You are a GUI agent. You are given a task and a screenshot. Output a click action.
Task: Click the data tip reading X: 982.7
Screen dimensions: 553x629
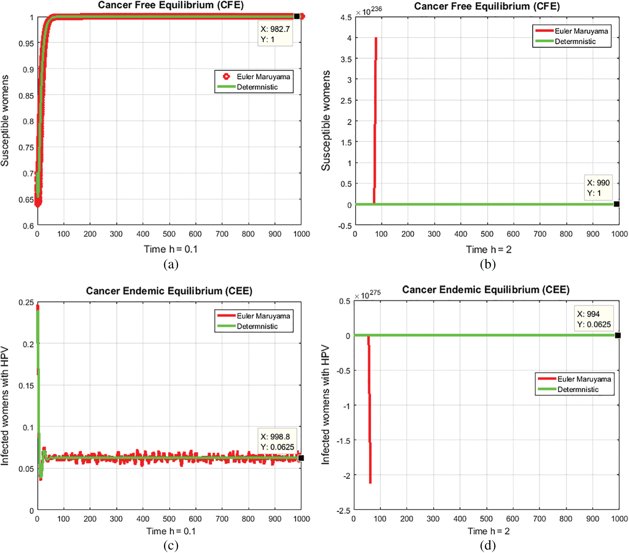[x=275, y=34]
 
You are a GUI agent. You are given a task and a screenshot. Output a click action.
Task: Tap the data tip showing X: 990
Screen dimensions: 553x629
[x=598, y=188]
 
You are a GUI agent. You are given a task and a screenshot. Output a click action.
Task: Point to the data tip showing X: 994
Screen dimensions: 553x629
[x=594, y=319]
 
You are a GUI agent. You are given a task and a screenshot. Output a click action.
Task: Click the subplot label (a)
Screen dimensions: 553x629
[x=171, y=265]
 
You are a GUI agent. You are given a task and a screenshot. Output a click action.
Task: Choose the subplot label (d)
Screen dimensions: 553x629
[x=488, y=545]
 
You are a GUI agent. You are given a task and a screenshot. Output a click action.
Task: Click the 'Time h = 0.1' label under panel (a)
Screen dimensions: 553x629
[x=170, y=249]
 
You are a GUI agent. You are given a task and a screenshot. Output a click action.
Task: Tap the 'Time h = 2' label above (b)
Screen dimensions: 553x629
[x=488, y=249]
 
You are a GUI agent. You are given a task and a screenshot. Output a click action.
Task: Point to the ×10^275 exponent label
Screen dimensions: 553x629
[x=367, y=295]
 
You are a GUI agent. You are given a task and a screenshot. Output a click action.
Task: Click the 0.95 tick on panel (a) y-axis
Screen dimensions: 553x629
[x=26, y=43]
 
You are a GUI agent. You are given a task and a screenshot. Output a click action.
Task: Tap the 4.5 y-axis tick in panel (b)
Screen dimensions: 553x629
[x=346, y=17]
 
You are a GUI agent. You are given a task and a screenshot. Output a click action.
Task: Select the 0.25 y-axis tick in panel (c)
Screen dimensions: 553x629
[x=26, y=302]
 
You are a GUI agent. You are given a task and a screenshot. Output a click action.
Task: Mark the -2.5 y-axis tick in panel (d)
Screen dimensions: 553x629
[x=343, y=511]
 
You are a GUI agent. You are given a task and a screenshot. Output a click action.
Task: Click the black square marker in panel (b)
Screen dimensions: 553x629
[x=616, y=204]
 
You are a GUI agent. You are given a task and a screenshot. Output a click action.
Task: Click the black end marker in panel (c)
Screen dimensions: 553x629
[x=301, y=458]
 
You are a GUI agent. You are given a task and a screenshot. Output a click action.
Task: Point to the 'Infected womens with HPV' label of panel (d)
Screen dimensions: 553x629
[x=325, y=405]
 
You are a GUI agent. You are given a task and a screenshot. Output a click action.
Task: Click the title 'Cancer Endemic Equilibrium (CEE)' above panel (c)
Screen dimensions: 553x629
[x=169, y=291]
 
